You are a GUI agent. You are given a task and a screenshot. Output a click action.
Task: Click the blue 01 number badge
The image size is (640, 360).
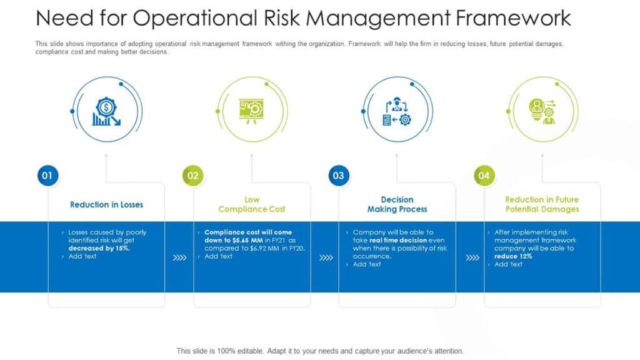[47, 176]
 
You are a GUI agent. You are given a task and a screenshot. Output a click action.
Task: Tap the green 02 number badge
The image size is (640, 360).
[193, 176]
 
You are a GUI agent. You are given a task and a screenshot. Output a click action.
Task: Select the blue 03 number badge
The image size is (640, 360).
[339, 176]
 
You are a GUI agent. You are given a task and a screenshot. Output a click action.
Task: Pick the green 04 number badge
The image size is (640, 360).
[484, 176]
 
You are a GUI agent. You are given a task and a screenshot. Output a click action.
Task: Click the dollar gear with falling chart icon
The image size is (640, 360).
[106, 111]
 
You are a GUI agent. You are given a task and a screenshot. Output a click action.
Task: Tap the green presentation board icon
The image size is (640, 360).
[252, 110]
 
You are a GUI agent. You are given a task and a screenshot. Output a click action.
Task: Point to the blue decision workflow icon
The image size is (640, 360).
[397, 111]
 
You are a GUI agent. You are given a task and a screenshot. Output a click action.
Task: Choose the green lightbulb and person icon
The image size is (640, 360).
[542, 111]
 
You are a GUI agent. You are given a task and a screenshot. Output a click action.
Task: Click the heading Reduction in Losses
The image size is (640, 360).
[106, 204]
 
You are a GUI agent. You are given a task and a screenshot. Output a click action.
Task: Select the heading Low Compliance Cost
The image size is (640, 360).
[252, 204]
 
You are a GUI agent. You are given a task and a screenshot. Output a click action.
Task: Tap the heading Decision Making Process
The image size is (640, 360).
[397, 204]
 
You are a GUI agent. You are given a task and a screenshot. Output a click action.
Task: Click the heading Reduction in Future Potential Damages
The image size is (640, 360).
[542, 204]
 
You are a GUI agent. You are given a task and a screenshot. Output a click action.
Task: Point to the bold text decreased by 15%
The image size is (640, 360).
[99, 248]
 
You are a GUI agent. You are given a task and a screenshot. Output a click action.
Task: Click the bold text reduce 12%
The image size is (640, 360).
[513, 256]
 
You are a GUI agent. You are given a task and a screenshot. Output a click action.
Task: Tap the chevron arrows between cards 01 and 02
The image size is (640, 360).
[179, 257]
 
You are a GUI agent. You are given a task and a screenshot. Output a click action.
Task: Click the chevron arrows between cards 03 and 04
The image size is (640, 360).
[472, 257]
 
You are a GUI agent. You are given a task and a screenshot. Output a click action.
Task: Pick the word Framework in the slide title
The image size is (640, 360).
[513, 18]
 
